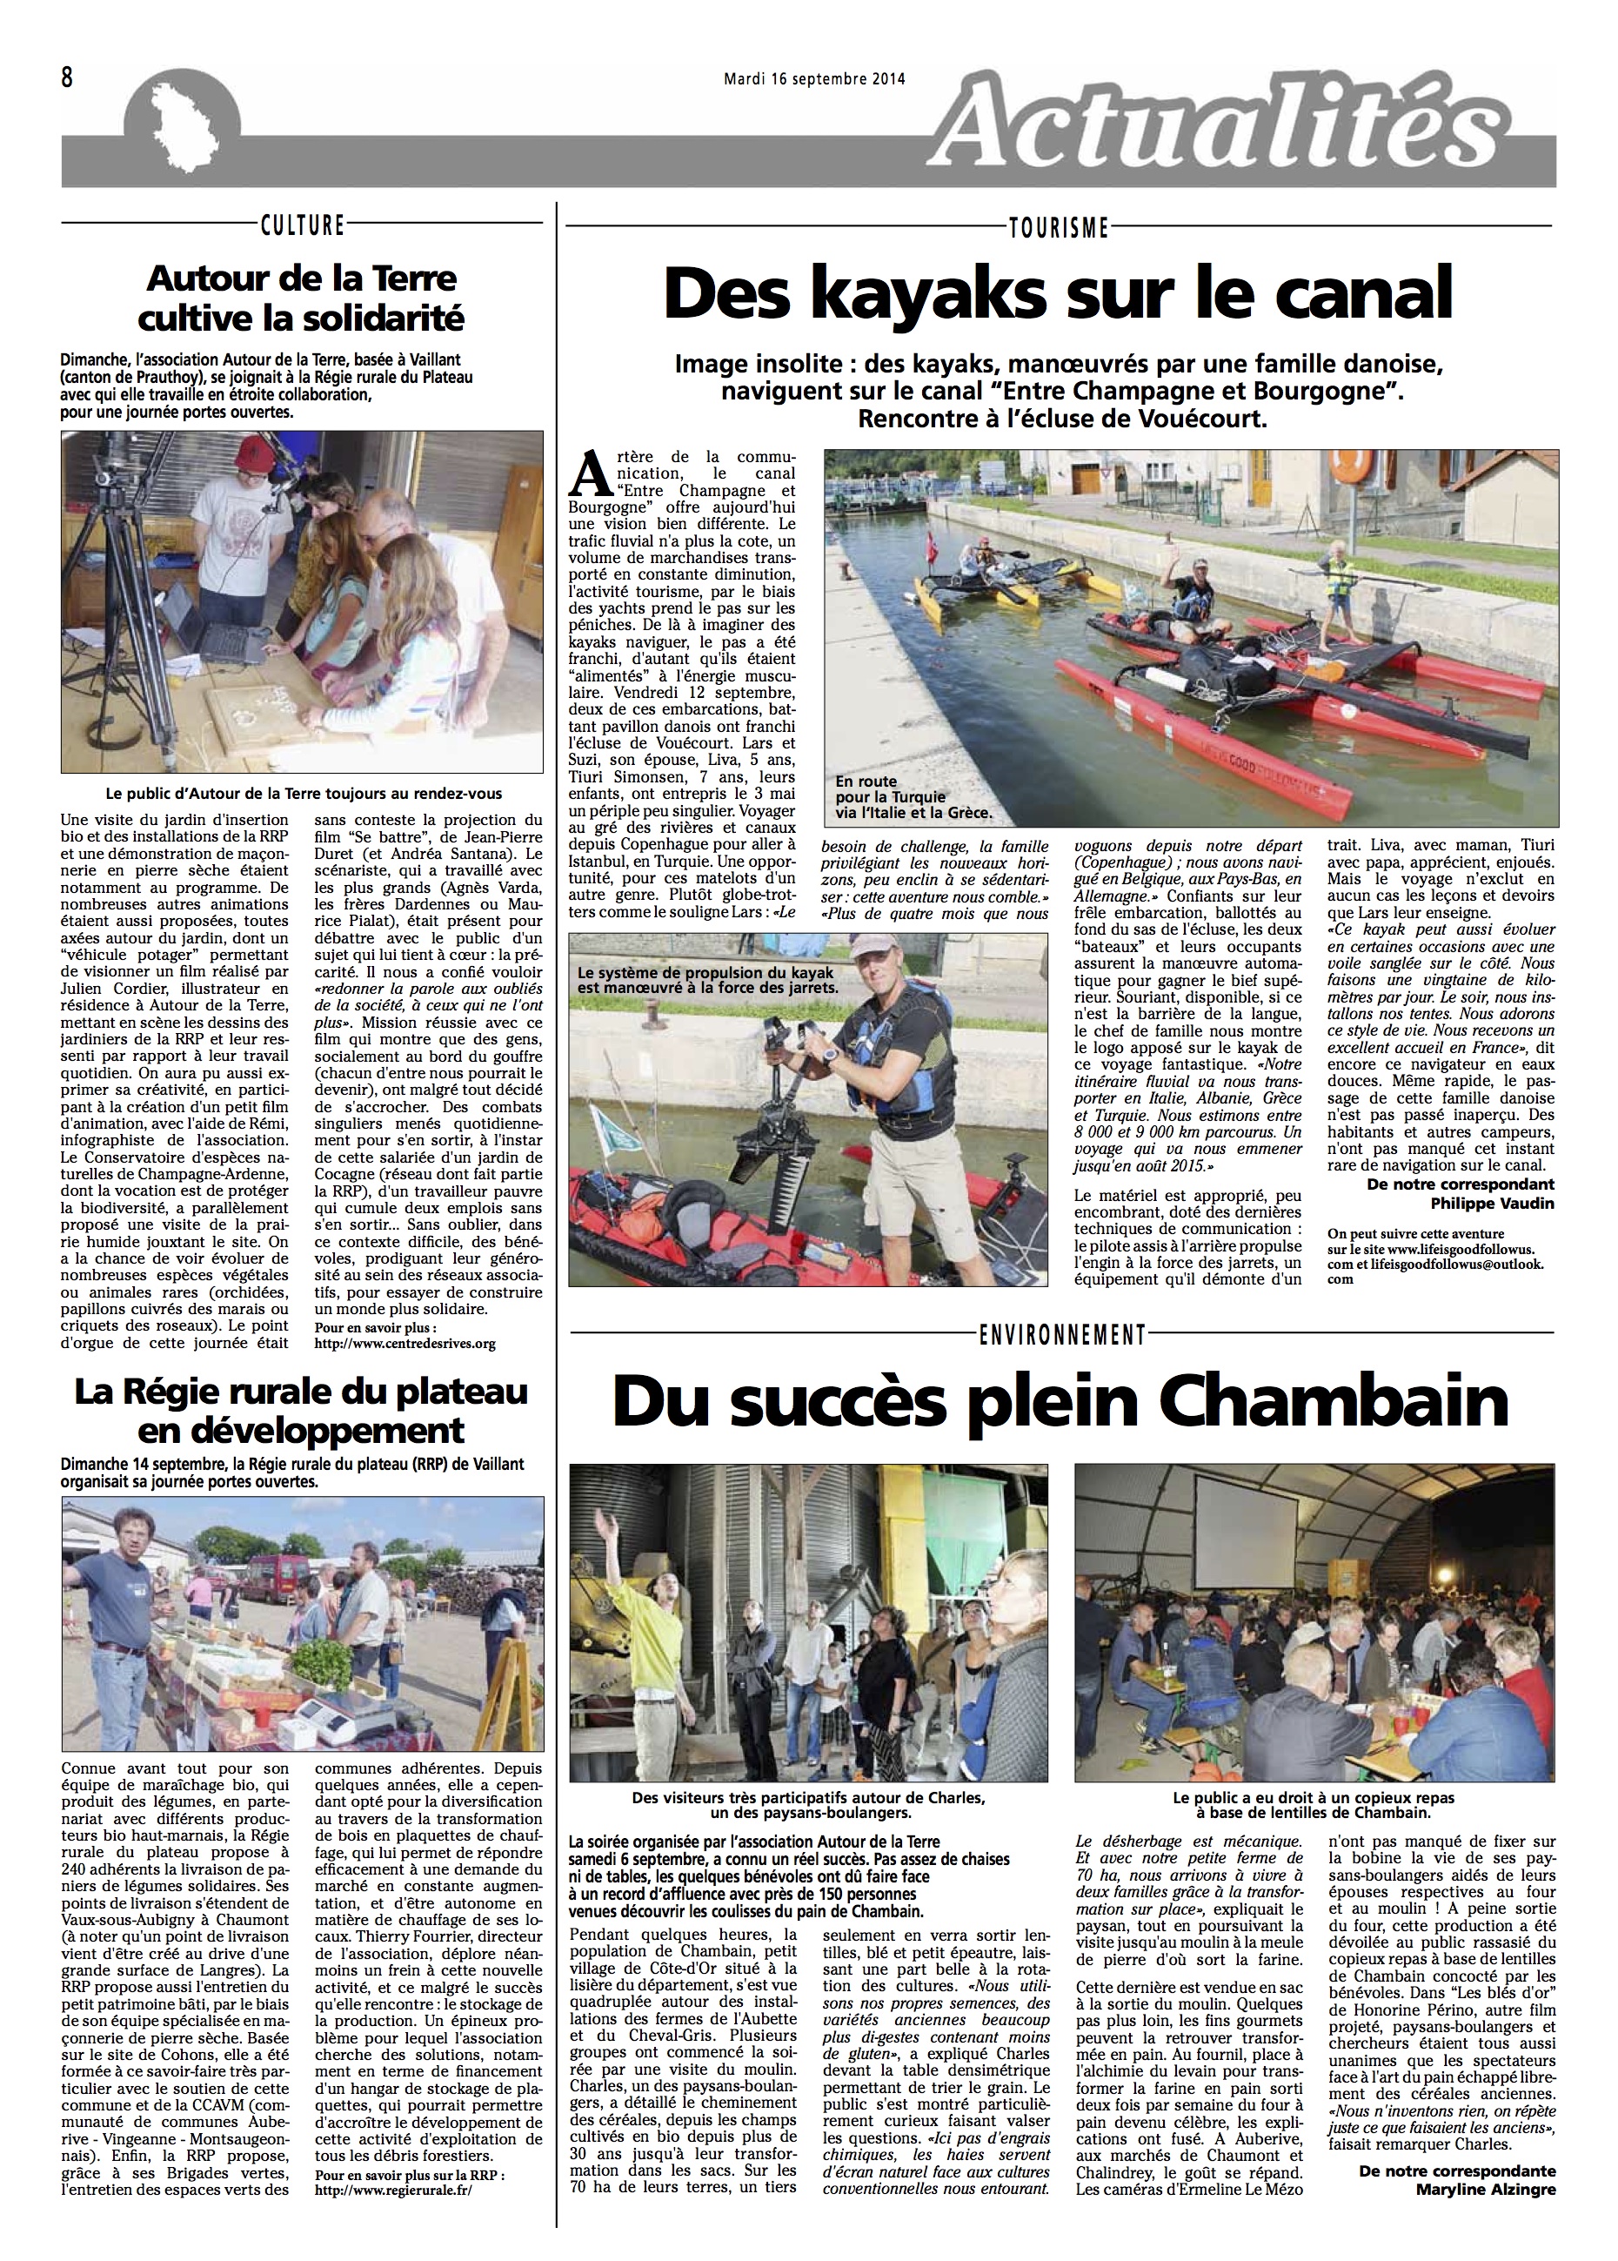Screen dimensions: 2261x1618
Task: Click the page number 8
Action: (67, 77)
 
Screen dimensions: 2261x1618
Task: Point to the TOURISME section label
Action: (1058, 228)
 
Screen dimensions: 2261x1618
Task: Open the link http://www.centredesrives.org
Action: (404, 1343)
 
